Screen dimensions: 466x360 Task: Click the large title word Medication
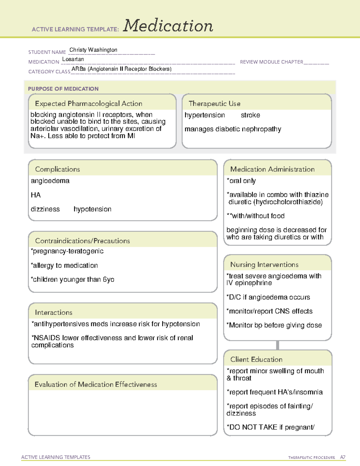pyautogui.click(x=168, y=26)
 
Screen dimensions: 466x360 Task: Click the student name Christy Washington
pyautogui.click(x=93, y=50)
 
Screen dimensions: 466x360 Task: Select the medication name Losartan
pyautogui.click(x=73, y=59)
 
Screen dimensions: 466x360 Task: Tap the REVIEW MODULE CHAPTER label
pyautogui.click(x=271, y=62)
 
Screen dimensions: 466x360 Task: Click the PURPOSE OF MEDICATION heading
pyautogui.click(x=63, y=89)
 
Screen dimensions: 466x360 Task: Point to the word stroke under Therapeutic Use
pyautogui.click(x=250, y=115)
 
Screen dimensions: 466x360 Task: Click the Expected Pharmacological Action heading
pyautogui.click(x=88, y=104)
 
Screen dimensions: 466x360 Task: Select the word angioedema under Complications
pyautogui.click(x=50, y=181)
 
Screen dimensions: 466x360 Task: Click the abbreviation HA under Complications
pyautogui.click(x=35, y=195)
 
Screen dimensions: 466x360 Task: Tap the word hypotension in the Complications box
pyautogui.click(x=92, y=209)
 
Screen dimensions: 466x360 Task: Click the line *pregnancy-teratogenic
pyautogui.click(x=67, y=251)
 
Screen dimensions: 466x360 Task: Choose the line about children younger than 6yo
pyautogui.click(x=73, y=280)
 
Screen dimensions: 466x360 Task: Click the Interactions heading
pyautogui.click(x=53, y=313)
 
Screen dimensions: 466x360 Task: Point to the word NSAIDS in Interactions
pyautogui.click(x=47, y=338)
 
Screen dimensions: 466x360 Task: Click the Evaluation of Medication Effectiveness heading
pyautogui.click(x=96, y=384)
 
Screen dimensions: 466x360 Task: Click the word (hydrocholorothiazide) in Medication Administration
pyautogui.click(x=288, y=202)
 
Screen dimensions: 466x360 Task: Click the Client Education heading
pyautogui.click(x=256, y=359)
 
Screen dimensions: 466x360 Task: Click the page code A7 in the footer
pyautogui.click(x=343, y=457)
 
